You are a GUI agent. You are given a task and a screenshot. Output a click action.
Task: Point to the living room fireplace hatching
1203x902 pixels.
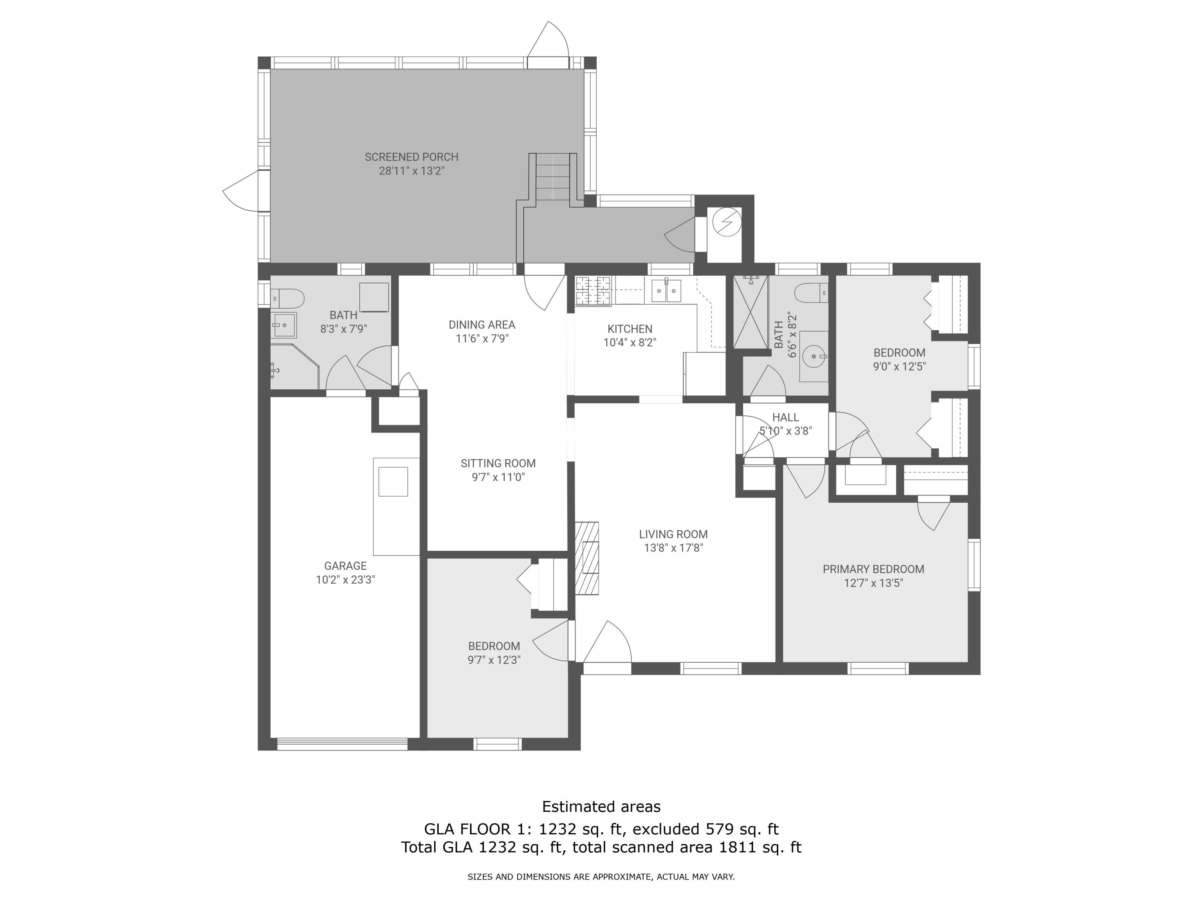pos(587,558)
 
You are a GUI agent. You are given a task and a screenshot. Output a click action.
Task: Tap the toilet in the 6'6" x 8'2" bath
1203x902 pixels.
pos(811,293)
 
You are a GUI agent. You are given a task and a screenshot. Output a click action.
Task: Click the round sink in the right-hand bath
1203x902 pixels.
pos(814,357)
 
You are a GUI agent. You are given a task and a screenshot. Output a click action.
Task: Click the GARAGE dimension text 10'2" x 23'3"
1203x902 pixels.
pos(345,580)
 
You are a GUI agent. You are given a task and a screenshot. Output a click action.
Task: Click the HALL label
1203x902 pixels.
pos(785,417)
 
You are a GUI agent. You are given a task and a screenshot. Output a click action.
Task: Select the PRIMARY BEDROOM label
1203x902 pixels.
pos(873,569)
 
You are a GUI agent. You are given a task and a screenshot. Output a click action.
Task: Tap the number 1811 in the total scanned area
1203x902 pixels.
pos(737,847)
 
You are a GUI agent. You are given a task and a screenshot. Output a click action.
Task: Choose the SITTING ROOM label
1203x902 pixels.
pos(498,463)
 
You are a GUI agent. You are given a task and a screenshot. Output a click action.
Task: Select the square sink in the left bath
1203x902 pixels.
pos(284,325)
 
